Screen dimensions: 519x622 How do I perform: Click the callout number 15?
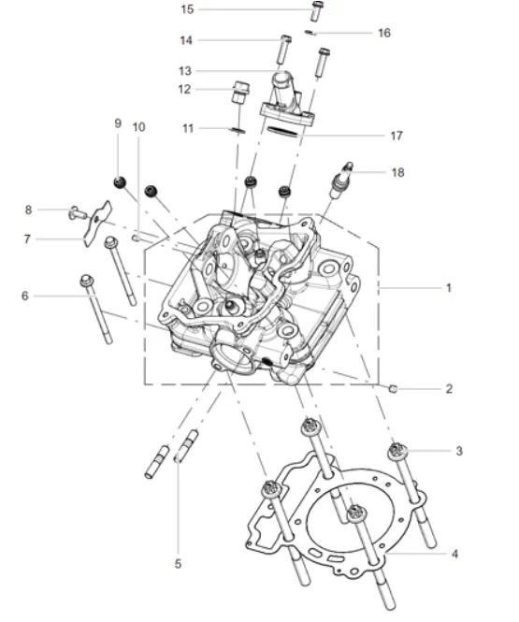pos(187,9)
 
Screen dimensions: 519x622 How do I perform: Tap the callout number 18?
pos(397,172)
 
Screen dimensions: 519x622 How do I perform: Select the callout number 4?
pos(454,554)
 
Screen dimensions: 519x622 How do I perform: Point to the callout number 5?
pos(178,563)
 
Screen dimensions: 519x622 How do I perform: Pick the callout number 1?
pos(449,287)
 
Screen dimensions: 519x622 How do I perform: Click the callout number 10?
pos(138,127)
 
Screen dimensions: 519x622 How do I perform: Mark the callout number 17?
pos(396,136)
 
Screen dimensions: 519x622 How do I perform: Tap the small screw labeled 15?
pos(317,10)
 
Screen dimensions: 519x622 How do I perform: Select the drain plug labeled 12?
pos(240,92)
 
